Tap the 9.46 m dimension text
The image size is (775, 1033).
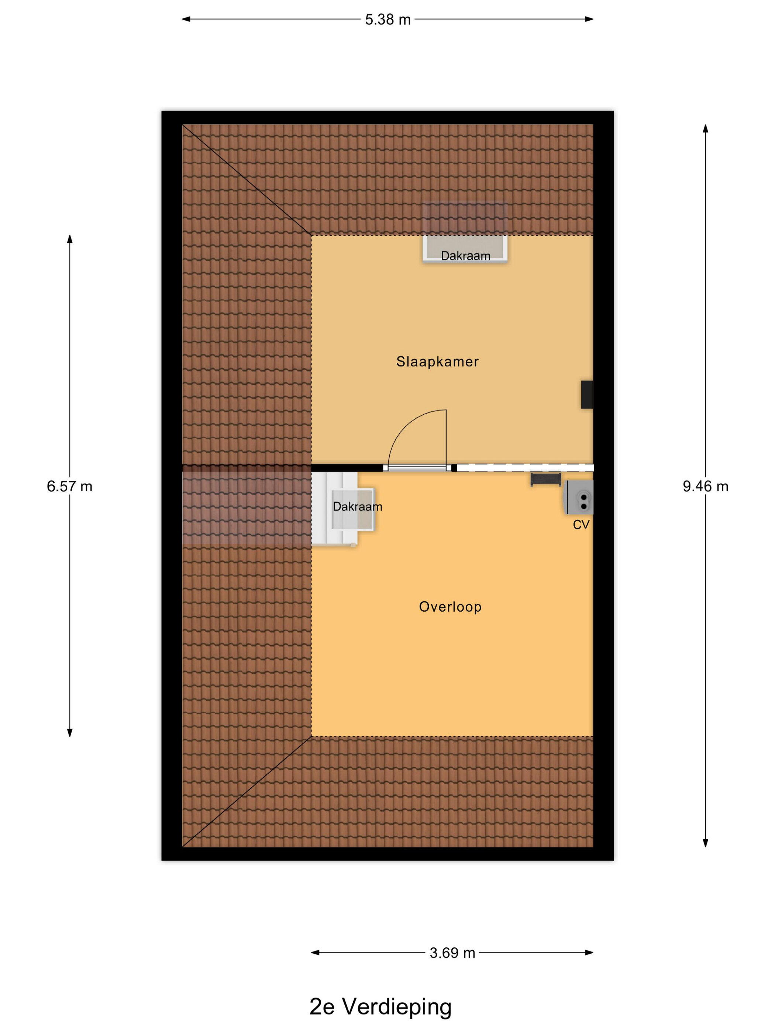point(705,486)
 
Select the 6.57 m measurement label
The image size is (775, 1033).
point(70,486)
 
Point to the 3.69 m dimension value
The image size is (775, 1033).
point(452,953)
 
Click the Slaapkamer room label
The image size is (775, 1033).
point(437,362)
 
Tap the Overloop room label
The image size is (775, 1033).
point(450,607)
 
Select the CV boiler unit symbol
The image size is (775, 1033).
point(578,497)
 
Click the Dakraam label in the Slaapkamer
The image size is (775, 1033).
point(465,256)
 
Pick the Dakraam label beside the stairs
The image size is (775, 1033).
point(357,507)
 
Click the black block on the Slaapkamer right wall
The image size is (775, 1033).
point(587,395)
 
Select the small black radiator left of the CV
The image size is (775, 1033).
point(545,480)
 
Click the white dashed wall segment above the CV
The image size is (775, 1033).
point(525,467)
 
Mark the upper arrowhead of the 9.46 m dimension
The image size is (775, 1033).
point(705,128)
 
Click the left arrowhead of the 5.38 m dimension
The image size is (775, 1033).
point(186,19)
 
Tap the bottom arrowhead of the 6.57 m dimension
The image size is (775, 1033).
point(70,733)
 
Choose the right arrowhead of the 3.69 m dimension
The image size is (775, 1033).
point(589,953)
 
